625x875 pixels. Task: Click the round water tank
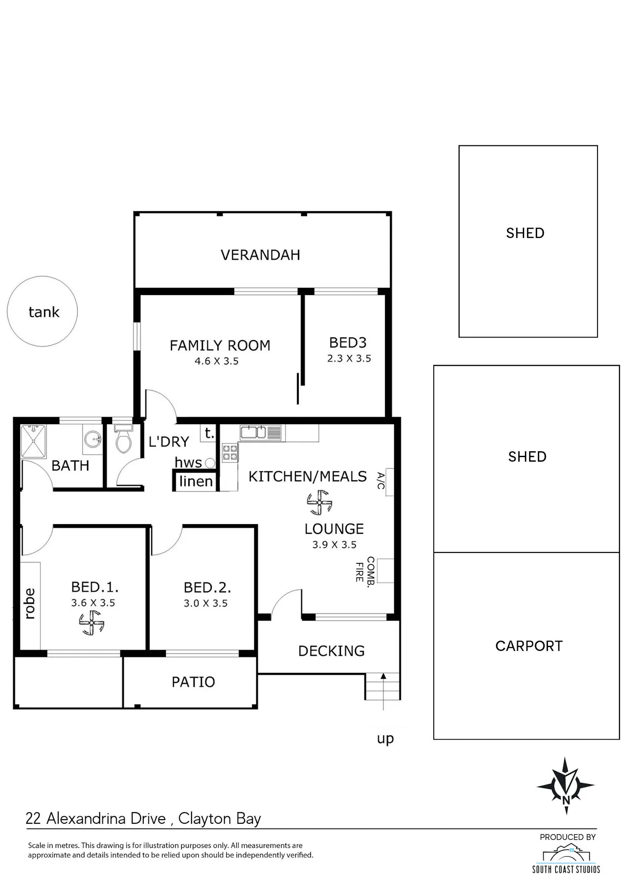(42, 311)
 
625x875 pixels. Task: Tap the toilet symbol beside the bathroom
(123, 439)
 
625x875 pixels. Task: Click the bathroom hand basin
(92, 439)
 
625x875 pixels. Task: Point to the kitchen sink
(260, 432)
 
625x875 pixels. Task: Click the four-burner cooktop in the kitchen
(230, 452)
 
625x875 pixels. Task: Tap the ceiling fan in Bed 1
(91, 623)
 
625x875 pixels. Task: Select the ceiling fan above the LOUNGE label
(320, 502)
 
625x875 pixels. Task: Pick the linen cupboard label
(196, 481)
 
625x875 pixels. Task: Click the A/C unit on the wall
(390, 482)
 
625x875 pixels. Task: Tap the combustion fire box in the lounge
(385, 570)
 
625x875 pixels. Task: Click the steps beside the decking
(383, 686)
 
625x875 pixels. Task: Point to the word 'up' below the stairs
(385, 739)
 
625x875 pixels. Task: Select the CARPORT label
(529, 646)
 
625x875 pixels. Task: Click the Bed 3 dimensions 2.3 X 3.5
(349, 358)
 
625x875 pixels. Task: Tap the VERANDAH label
(260, 255)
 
